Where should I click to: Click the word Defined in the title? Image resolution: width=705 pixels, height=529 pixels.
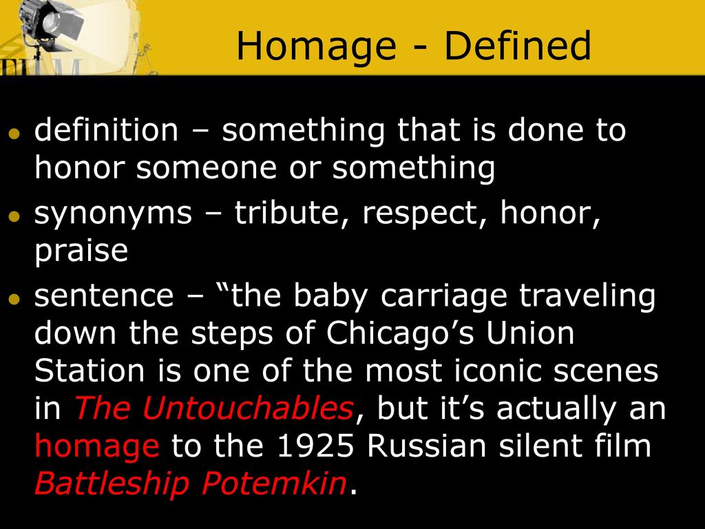tap(516, 47)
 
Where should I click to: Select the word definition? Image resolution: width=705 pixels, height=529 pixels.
tap(106, 130)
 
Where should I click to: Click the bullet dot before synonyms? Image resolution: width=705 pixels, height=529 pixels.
tap(14, 216)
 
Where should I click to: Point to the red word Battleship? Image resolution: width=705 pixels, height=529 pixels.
tap(112, 484)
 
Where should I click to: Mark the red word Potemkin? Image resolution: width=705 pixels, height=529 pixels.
tap(273, 484)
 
